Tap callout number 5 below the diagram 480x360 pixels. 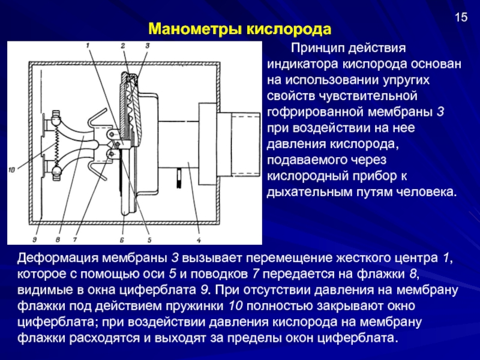coord(149,239)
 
